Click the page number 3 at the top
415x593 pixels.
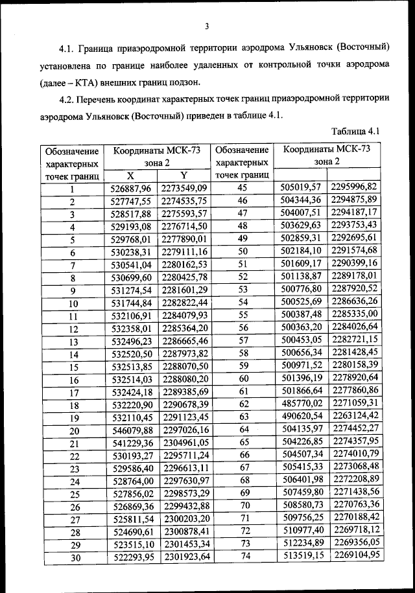click(x=207, y=27)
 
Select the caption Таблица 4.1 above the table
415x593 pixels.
click(x=355, y=132)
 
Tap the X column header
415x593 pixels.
click(x=130, y=175)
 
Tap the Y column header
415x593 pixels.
click(x=184, y=175)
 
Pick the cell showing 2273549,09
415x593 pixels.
click(x=184, y=189)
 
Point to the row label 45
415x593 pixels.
click(x=243, y=187)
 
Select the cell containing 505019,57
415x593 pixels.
click(x=300, y=187)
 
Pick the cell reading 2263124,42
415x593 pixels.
click(x=355, y=416)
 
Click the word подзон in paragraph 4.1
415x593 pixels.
click(x=189, y=82)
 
